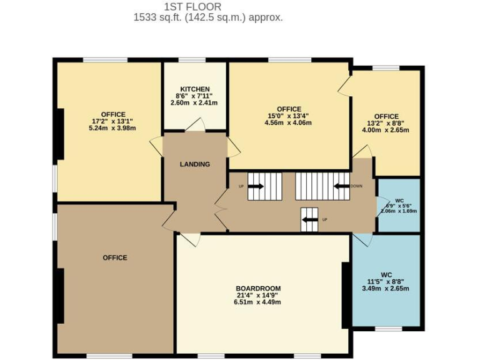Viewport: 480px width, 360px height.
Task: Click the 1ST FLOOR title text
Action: pyautogui.click(x=192, y=6)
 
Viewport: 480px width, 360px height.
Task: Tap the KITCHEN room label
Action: pyautogui.click(x=194, y=89)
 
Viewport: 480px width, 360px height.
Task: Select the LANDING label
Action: pyautogui.click(x=195, y=164)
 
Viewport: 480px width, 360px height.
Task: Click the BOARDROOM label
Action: pyautogui.click(x=258, y=288)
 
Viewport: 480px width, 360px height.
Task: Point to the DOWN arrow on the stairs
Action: pyautogui.click(x=341, y=186)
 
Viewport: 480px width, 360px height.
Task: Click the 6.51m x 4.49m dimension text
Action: pyautogui.click(x=258, y=302)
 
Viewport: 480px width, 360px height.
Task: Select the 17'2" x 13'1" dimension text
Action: pyautogui.click(x=112, y=121)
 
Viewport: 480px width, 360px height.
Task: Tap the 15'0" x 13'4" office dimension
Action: pyautogui.click(x=287, y=116)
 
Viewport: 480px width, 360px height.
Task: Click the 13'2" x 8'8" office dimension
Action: pyautogui.click(x=386, y=123)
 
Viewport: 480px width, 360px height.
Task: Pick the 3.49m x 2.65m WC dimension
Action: pyautogui.click(x=386, y=288)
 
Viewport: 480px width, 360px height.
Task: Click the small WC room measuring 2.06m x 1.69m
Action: pyautogui.click(x=399, y=206)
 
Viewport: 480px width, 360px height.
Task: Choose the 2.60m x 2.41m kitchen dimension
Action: pyautogui.click(x=194, y=103)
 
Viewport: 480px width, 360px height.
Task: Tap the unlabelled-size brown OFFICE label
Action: pyautogui.click(x=115, y=257)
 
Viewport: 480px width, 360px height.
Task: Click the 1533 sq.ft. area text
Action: pyautogui.click(x=208, y=17)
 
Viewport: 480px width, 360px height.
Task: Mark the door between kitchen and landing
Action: pyautogui.click(x=194, y=127)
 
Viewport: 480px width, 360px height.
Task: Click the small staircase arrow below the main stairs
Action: pyautogui.click(x=309, y=220)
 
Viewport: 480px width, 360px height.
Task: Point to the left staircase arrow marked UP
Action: pyautogui.click(x=256, y=186)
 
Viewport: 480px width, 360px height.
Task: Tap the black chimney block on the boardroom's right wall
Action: pyautogui.click(x=345, y=295)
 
